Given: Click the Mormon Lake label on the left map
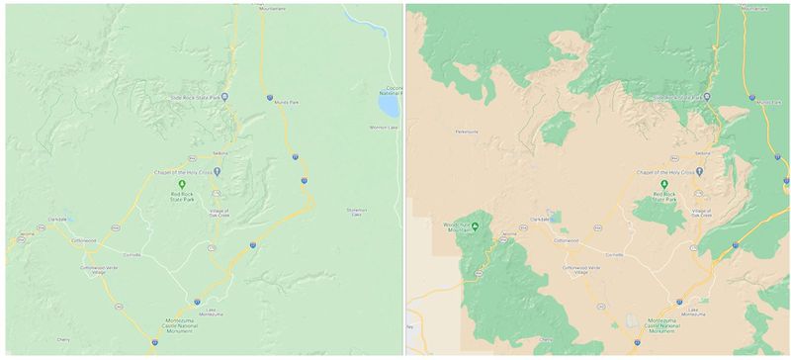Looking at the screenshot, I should tap(381, 128).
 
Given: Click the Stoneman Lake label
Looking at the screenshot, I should tap(357, 212).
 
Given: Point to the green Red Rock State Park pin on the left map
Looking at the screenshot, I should tap(181, 183).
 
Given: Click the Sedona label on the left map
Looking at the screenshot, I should tap(220, 154).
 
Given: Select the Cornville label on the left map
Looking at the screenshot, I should tap(132, 254).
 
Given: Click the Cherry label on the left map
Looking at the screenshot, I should tap(63, 339).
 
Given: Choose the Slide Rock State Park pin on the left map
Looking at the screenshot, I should tap(225, 96).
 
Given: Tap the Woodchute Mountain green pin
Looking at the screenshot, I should tap(476, 225).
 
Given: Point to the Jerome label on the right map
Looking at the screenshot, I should tap(508, 234).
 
